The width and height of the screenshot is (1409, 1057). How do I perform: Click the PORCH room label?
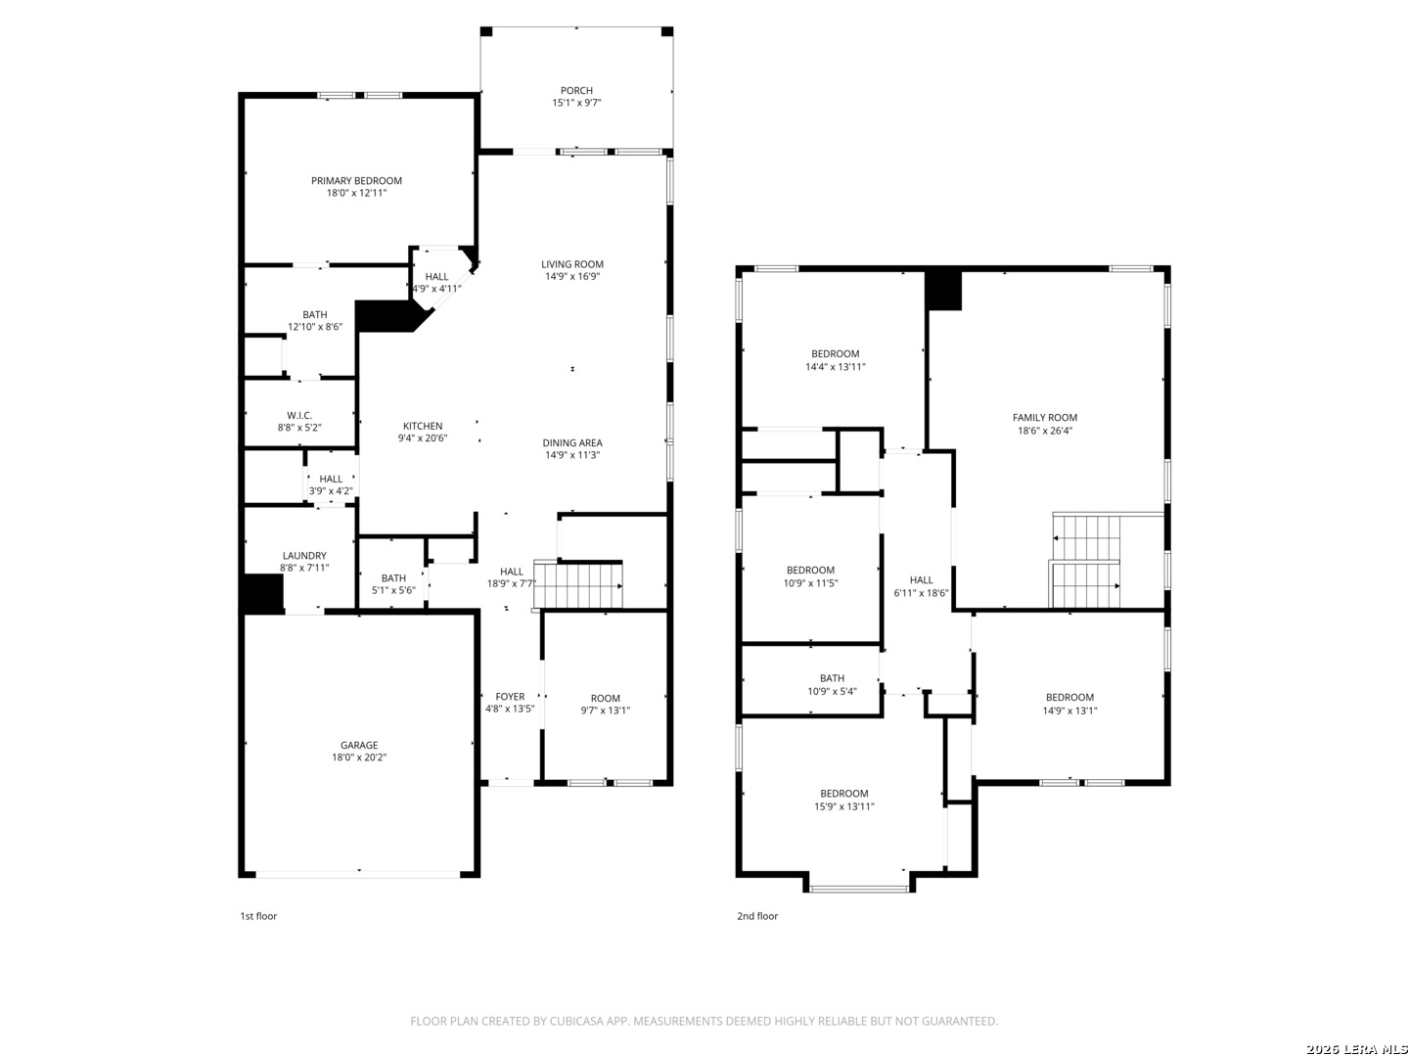click(x=575, y=90)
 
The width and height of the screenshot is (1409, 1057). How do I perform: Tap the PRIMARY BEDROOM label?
click(x=356, y=181)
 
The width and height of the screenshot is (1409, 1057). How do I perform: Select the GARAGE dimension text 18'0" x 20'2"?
click(x=359, y=758)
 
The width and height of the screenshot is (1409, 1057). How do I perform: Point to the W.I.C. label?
click(x=299, y=415)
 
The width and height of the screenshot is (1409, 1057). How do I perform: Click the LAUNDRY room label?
click(x=304, y=556)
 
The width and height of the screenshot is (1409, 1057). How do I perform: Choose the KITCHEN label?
click(x=423, y=426)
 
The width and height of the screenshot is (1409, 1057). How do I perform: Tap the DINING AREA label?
click(x=572, y=442)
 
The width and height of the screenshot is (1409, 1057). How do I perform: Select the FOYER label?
click(x=510, y=696)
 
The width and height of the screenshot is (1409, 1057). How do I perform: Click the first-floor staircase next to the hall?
click(x=577, y=584)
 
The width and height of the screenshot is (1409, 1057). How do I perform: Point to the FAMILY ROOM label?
click(x=1044, y=418)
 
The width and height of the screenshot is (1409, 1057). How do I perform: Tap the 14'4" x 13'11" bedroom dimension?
click(x=836, y=367)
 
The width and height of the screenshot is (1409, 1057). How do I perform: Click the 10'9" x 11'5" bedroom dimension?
click(x=810, y=583)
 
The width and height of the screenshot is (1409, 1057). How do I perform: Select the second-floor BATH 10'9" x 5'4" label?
click(x=832, y=685)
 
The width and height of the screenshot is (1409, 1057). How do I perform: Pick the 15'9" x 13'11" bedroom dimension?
click(x=843, y=806)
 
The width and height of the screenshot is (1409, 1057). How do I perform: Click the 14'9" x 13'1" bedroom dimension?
click(x=1069, y=711)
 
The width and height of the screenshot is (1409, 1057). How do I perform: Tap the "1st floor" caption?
click(x=258, y=916)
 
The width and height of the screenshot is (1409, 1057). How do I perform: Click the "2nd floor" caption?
click(x=756, y=916)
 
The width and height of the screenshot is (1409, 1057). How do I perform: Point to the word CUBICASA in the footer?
click(x=576, y=1021)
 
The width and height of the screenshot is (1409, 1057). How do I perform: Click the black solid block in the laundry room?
click(x=263, y=594)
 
